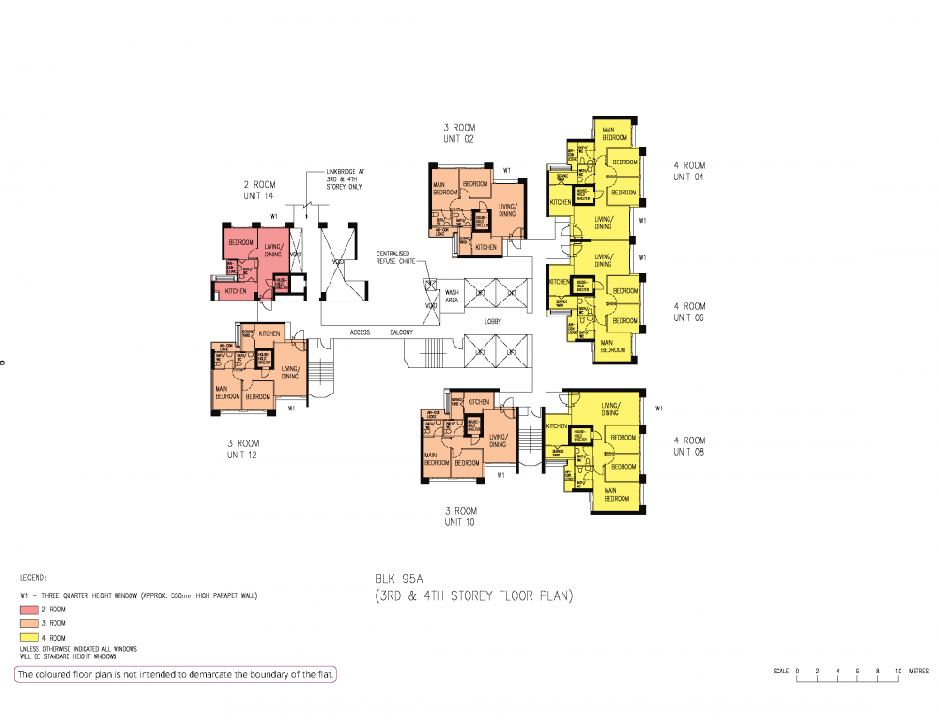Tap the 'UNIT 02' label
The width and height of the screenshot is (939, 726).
click(x=459, y=139)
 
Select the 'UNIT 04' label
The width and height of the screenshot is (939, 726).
click(x=688, y=177)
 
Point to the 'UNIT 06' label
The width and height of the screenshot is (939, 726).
click(x=688, y=317)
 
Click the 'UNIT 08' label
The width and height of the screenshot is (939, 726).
click(x=688, y=452)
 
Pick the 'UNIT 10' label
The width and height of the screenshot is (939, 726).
click(x=459, y=522)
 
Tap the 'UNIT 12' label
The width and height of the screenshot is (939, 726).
click(x=242, y=455)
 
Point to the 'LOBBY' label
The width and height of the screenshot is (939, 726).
click(x=493, y=322)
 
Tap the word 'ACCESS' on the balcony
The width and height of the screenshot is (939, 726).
click(x=361, y=332)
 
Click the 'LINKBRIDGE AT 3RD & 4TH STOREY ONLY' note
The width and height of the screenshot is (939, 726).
click(x=343, y=179)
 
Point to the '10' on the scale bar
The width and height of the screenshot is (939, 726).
click(x=898, y=671)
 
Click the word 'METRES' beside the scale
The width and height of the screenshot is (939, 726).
click(x=918, y=671)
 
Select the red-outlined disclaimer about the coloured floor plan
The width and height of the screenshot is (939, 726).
click(x=175, y=674)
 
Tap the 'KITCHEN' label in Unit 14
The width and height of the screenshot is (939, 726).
click(x=236, y=292)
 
